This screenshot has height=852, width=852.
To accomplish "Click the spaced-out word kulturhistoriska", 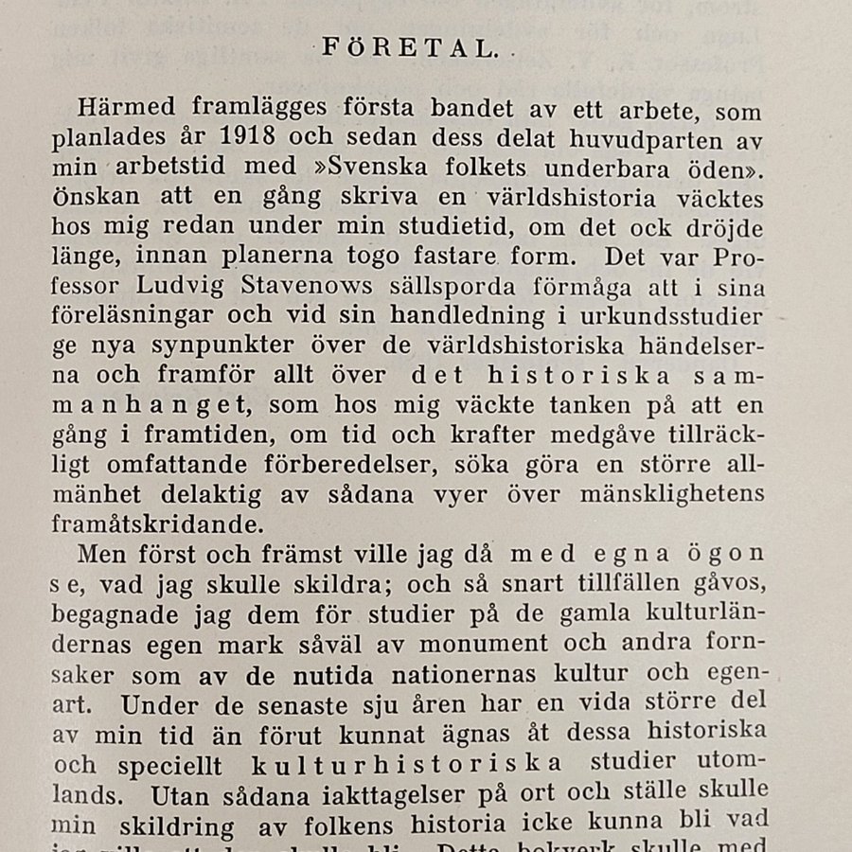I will [407, 763].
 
